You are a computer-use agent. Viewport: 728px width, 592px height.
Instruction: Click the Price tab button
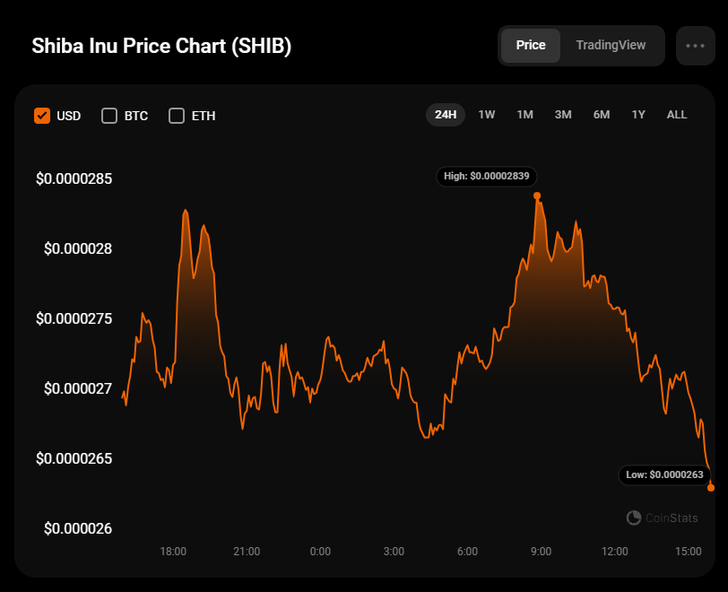(x=531, y=45)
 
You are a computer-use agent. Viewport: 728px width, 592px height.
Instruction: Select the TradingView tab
(x=611, y=45)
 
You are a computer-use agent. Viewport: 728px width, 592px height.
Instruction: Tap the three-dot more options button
(x=695, y=45)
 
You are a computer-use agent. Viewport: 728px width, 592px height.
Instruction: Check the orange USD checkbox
(x=41, y=115)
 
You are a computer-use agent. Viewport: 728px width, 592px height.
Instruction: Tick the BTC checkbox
(x=109, y=115)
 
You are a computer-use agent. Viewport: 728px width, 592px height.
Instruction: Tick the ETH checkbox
(x=177, y=115)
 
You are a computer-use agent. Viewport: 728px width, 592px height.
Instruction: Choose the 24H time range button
(x=446, y=114)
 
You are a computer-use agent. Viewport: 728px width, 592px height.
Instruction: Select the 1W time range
(x=487, y=114)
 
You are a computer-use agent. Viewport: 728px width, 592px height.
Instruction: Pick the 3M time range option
(x=563, y=114)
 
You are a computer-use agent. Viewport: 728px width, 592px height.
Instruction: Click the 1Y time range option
(x=638, y=114)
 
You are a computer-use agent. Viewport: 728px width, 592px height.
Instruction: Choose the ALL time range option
(x=677, y=114)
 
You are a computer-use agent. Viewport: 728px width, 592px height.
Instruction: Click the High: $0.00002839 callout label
(x=487, y=176)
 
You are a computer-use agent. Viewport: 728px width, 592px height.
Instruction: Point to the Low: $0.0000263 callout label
(x=664, y=474)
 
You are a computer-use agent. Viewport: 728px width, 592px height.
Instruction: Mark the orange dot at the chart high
(x=537, y=196)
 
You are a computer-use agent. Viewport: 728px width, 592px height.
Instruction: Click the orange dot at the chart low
(x=711, y=487)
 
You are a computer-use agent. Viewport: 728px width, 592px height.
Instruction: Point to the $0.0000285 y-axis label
(x=74, y=178)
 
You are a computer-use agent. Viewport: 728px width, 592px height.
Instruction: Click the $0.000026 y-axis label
(x=78, y=528)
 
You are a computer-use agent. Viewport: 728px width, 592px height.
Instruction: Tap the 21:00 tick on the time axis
(x=247, y=551)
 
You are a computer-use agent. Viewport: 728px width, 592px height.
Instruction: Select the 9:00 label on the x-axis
(x=541, y=551)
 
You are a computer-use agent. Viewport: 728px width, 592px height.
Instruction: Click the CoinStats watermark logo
(x=662, y=518)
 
